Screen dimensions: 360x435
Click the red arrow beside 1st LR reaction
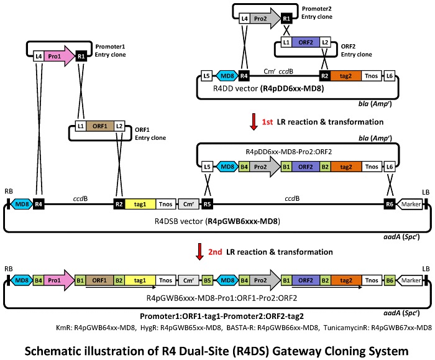pos(254,121)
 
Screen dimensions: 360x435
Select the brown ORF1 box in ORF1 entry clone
pos(98,126)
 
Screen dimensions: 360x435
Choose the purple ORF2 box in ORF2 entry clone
pos(304,42)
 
